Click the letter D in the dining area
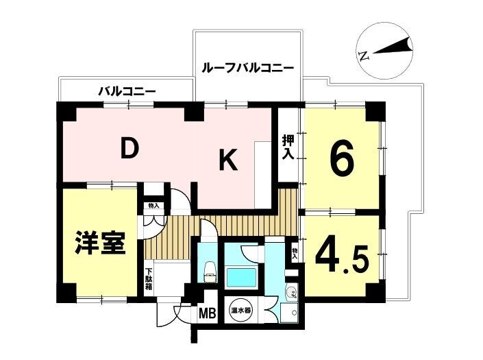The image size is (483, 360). pyautogui.click(x=129, y=148)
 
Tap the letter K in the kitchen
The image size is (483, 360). pyautogui.click(x=228, y=159)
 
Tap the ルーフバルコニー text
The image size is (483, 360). pyautogui.click(x=247, y=67)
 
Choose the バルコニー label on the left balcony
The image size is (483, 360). pyautogui.click(x=127, y=91)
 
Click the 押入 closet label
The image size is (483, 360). pyautogui.click(x=288, y=147)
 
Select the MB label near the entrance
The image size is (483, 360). pyautogui.click(x=208, y=314)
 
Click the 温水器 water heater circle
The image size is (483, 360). pyautogui.click(x=240, y=310)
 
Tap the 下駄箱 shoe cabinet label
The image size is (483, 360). pyautogui.click(x=149, y=279)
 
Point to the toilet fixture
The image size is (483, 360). pyautogui.click(x=210, y=272)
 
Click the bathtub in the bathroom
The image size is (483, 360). pyautogui.click(x=241, y=277)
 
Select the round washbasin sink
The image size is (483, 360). pyautogui.click(x=291, y=291)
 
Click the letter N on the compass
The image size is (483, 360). pyautogui.click(x=364, y=56)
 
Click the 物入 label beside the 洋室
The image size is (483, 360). pyautogui.click(x=153, y=206)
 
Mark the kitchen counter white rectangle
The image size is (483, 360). pyautogui.click(x=262, y=174)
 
